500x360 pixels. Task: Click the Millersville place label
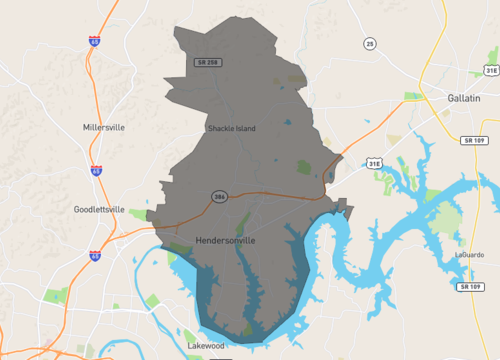(105, 128)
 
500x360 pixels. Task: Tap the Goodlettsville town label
(99, 209)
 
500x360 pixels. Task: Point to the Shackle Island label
(232, 128)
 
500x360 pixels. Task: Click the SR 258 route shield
(206, 63)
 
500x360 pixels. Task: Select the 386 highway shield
(217, 195)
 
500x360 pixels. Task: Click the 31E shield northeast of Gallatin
(490, 71)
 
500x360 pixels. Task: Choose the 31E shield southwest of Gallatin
(373, 162)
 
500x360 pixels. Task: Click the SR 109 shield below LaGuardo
(467, 287)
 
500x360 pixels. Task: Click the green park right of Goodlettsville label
(137, 214)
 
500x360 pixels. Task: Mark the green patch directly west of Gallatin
(413, 97)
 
